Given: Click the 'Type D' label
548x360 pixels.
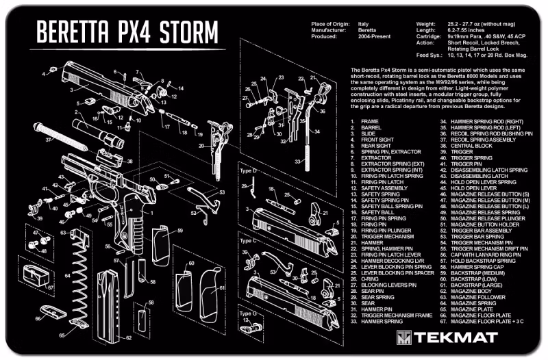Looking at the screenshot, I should click(x=248, y=170).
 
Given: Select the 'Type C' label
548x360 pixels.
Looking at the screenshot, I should click(x=248, y=242).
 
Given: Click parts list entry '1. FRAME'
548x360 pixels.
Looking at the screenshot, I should click(x=370, y=121).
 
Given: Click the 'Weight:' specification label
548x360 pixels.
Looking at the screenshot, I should click(x=426, y=23).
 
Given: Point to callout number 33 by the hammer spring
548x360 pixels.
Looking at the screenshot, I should click(x=298, y=161).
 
